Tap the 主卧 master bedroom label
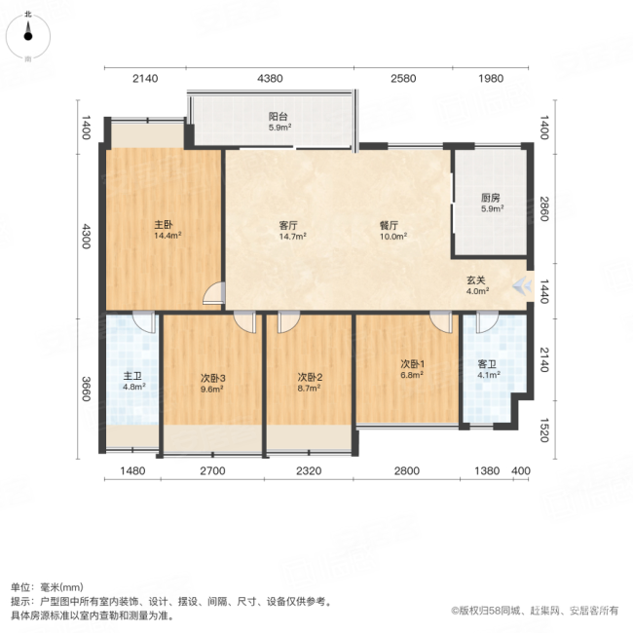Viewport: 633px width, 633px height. (x=162, y=225)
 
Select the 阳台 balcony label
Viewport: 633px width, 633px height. (x=279, y=116)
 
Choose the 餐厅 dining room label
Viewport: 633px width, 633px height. (x=392, y=225)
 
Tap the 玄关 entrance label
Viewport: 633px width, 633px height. (x=475, y=279)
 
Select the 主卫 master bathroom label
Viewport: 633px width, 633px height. (x=133, y=377)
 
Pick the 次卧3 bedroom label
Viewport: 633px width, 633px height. (x=213, y=378)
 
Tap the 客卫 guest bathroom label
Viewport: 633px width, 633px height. (x=487, y=365)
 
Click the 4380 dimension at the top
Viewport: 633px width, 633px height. (x=270, y=78)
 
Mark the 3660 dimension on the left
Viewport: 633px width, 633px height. (x=86, y=389)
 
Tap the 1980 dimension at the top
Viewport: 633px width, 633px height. (x=491, y=78)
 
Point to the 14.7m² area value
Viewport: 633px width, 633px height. (x=292, y=236)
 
